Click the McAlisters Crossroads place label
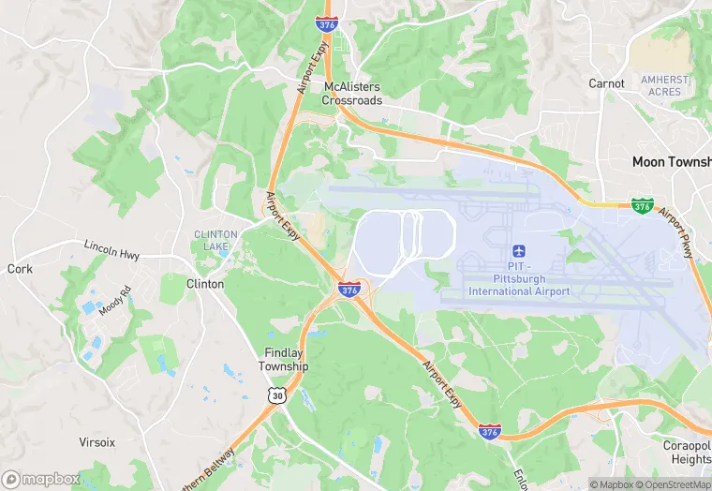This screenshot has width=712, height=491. [x=352, y=94]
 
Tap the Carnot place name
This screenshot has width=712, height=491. [x=606, y=83]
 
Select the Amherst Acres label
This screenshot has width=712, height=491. [x=664, y=85]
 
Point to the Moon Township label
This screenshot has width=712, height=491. [x=671, y=162]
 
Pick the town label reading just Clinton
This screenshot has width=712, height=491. [x=205, y=284]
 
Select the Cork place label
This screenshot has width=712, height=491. [x=20, y=269]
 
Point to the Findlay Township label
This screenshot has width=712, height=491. [x=283, y=360]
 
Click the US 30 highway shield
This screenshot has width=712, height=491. [x=276, y=396]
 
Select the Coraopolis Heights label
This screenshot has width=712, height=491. [x=690, y=454]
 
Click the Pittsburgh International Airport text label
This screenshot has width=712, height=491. [x=518, y=285]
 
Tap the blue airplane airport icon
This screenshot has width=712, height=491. [x=518, y=251]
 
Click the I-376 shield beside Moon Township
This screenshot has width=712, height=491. [x=642, y=203]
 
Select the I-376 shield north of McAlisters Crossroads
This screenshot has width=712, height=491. [x=326, y=23]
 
